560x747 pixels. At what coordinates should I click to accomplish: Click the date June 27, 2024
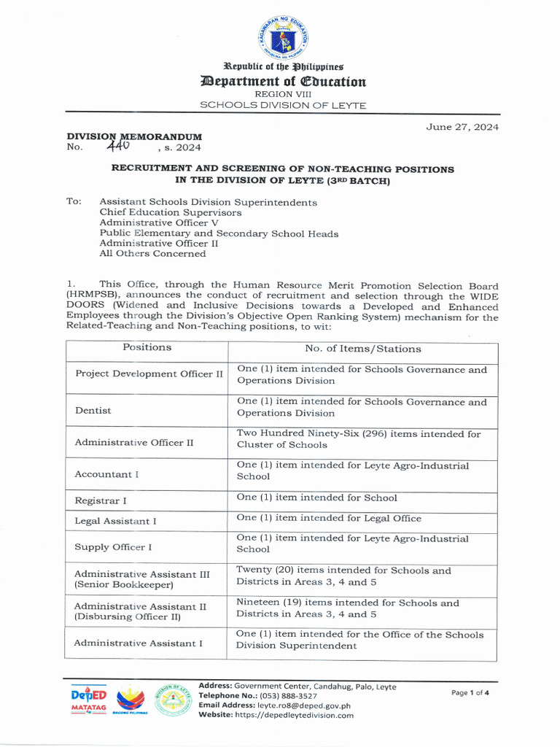pos(462,127)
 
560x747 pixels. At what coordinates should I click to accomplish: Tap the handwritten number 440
pos(117,146)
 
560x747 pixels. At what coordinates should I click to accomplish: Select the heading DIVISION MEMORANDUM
pos(134,136)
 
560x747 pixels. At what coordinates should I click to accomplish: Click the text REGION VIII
pos(283,94)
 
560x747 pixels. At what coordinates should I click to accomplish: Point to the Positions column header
pos(147,348)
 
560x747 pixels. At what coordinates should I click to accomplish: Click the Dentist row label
pos(93,411)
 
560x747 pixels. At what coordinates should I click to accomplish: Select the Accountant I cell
pos(106,474)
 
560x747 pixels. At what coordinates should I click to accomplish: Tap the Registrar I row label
pos(101,500)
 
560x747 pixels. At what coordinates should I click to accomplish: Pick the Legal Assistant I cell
pos(115,521)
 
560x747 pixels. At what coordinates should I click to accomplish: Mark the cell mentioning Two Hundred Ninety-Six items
pos(359,439)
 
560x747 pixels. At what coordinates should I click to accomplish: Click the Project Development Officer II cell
pos(149,374)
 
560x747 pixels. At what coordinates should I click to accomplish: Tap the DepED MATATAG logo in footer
pos(88,700)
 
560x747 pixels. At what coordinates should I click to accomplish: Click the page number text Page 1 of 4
pos(470,692)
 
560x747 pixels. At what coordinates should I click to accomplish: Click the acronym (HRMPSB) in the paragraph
pos(90,296)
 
